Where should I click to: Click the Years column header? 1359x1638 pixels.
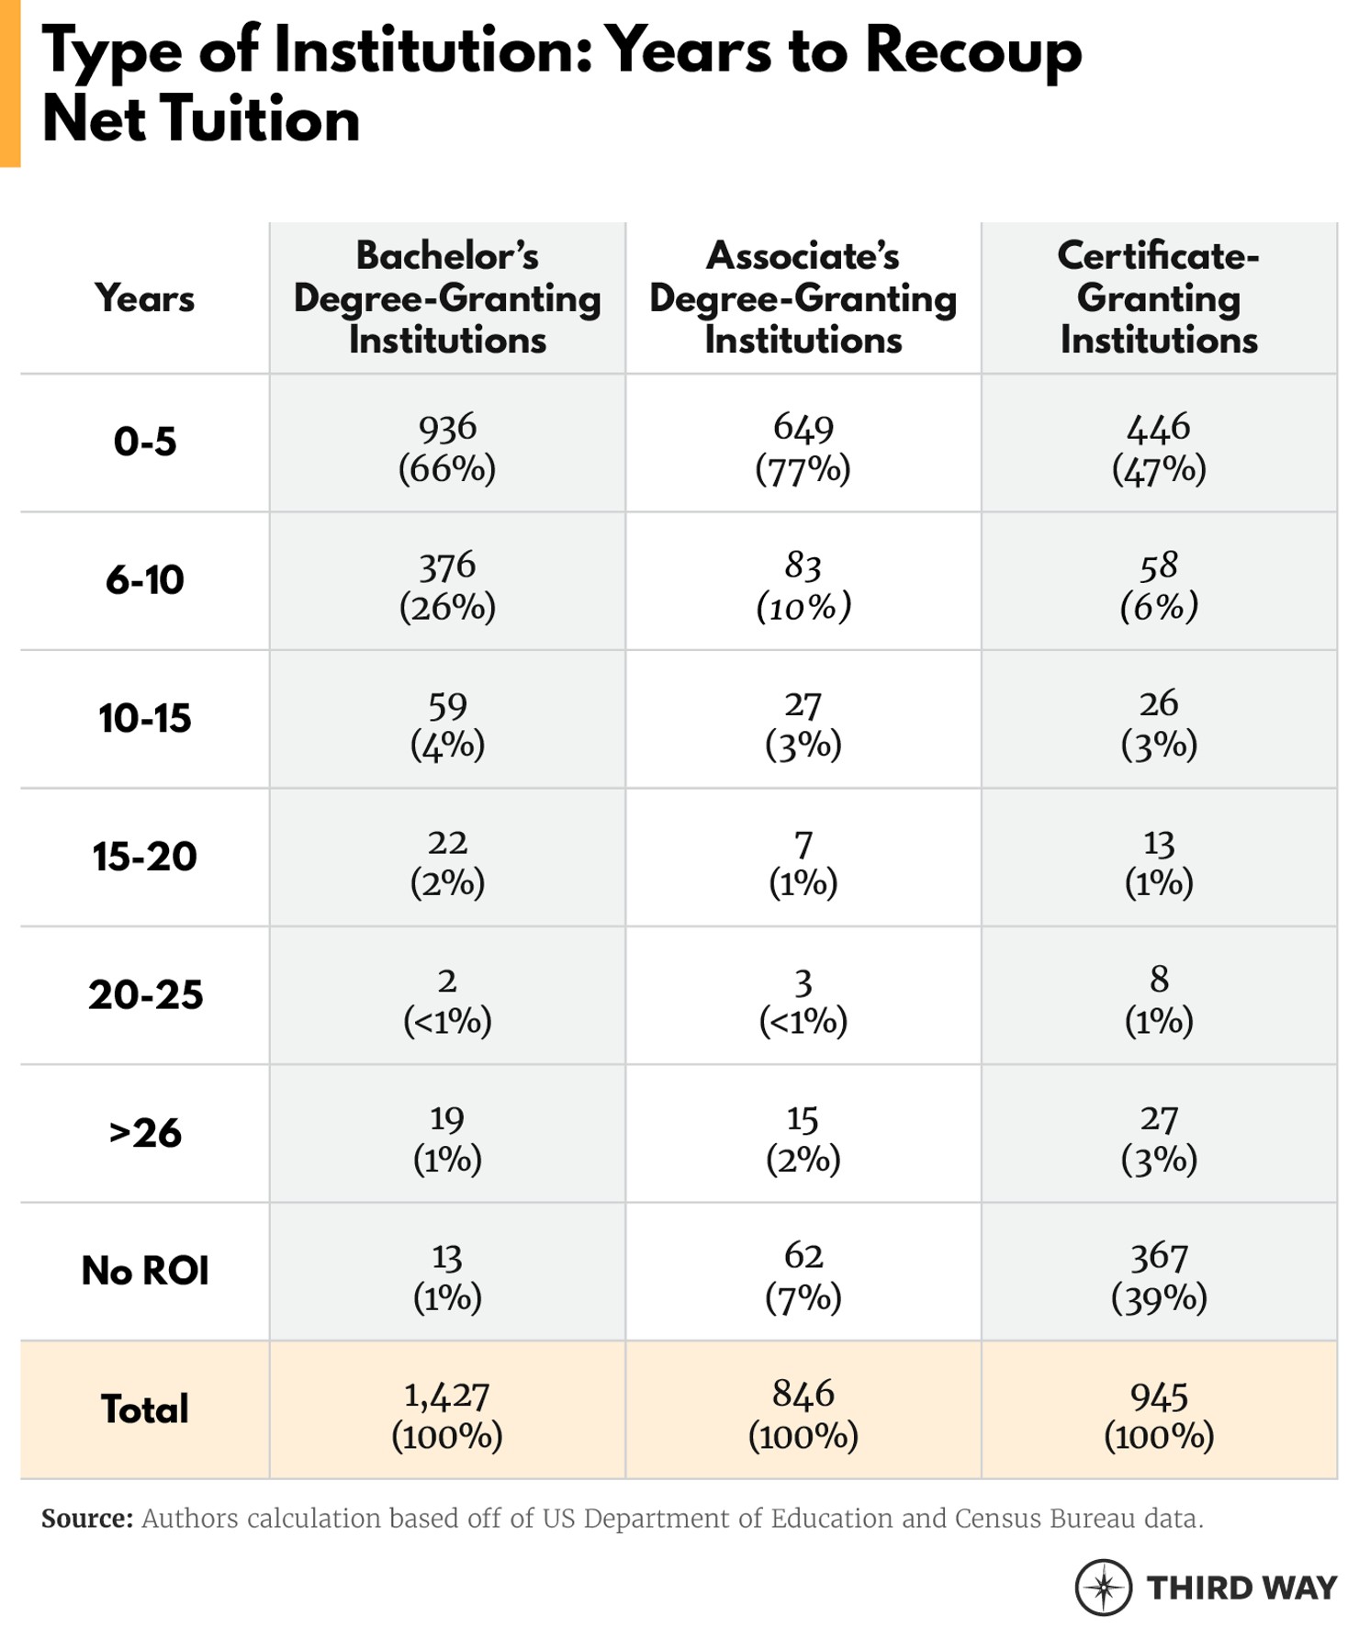coord(144,298)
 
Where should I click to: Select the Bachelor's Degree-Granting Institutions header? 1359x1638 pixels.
coord(447,298)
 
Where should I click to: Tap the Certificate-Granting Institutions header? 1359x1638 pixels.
coord(1158,298)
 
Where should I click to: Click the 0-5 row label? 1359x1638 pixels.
coord(144,443)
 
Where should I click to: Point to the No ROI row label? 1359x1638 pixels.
coord(144,1272)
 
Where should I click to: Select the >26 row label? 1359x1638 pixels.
coord(144,1133)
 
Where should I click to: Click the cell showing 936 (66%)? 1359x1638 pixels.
coord(447,446)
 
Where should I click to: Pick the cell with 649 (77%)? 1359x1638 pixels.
coord(803,446)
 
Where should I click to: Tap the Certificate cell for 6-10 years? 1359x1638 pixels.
coord(1158,585)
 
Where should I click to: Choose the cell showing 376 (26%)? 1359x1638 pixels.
coord(447,585)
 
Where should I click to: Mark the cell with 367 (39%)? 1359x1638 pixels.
coord(1158,1275)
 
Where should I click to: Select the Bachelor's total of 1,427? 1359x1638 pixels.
coord(447,1414)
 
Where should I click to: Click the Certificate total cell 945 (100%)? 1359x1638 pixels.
coord(1158,1414)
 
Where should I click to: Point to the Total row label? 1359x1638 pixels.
coord(144,1409)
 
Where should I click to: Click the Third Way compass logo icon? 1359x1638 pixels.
coord(1103,1587)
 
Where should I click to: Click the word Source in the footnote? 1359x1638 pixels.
coord(87,1519)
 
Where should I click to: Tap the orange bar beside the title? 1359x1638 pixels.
coord(9,83)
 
